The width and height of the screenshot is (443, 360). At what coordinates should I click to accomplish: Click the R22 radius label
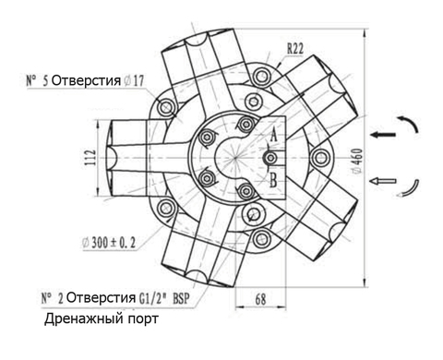(295, 49)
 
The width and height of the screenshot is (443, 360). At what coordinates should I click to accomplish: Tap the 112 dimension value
(90, 157)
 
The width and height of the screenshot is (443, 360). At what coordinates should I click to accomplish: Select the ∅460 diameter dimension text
(357, 162)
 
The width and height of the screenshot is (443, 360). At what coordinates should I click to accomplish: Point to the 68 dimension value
(260, 298)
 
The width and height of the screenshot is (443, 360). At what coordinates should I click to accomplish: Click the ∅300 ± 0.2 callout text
(109, 243)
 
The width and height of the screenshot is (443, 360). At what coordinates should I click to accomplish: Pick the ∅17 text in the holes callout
(134, 80)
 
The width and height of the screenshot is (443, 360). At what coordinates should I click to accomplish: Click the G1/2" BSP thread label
(164, 298)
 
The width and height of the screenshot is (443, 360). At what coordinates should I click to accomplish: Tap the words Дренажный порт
(102, 319)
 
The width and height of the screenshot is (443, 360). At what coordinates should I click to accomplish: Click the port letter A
(273, 136)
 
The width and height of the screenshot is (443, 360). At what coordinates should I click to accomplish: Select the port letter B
(273, 180)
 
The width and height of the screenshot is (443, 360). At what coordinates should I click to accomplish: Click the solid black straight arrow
(383, 134)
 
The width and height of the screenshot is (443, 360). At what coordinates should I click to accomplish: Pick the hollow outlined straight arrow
(383, 181)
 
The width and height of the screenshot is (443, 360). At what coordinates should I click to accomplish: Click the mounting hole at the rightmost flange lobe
(320, 158)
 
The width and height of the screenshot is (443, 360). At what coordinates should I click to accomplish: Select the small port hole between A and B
(270, 158)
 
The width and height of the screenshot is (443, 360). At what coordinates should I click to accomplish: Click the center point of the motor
(235, 158)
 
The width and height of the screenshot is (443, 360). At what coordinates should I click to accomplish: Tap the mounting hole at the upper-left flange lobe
(166, 108)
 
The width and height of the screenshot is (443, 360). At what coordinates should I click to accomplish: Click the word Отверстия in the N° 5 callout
(86, 80)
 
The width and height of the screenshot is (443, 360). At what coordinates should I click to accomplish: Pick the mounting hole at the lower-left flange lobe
(166, 208)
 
